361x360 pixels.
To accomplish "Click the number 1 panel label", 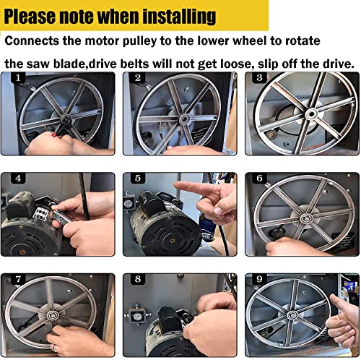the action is [18, 77].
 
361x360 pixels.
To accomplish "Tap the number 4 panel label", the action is [18, 178].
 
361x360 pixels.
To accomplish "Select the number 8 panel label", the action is [138, 279].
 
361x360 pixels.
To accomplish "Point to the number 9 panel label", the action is [259, 279].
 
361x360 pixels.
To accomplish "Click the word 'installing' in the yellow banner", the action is [179, 17].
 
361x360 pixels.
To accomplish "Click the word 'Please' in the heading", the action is [30, 17].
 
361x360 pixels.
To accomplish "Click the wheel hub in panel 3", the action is [311, 113].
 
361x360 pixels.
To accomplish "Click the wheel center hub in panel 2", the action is [184, 119].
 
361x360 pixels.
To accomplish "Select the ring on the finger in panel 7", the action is [55, 348].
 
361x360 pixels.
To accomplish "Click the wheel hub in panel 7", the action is [51, 315].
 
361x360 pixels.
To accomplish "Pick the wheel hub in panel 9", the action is [292, 315].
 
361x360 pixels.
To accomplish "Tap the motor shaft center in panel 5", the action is [172, 241].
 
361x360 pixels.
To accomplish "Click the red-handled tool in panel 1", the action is [56, 134].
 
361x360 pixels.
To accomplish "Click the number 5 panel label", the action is [138, 178].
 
